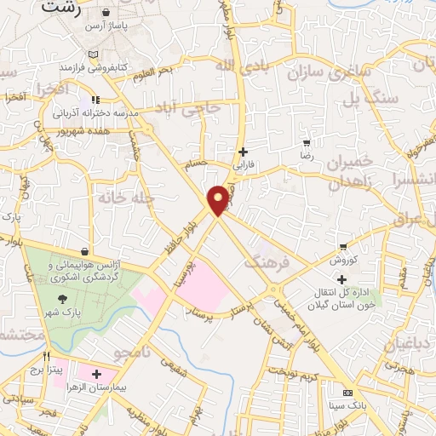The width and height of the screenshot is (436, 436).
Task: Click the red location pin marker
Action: tap(219, 199)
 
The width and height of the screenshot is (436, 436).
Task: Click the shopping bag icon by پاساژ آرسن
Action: tap(105, 14)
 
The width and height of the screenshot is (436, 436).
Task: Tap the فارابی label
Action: tap(244, 166)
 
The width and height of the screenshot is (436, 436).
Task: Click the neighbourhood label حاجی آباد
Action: tap(187, 108)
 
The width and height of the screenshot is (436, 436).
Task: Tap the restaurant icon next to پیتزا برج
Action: tap(48, 358)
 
